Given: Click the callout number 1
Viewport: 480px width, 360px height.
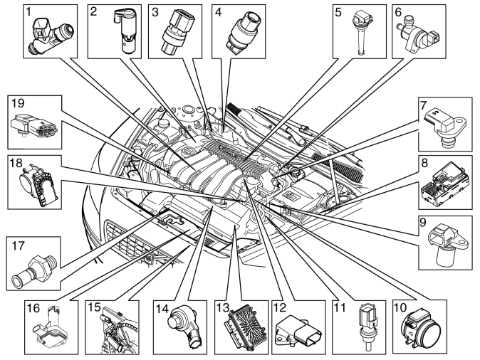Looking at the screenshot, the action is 28,11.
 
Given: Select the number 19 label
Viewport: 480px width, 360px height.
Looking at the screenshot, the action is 18,103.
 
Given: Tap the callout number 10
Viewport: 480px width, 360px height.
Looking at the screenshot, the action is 400,307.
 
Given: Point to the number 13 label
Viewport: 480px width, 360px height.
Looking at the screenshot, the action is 222,307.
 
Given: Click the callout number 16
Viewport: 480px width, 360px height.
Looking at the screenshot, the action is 33,308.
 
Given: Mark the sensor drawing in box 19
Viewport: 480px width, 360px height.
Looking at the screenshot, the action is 33,126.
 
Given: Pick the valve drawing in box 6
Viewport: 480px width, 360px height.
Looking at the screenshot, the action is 417,35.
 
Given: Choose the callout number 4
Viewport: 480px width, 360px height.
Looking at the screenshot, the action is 218,12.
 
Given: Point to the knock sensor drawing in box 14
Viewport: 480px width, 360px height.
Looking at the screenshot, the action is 183,327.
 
